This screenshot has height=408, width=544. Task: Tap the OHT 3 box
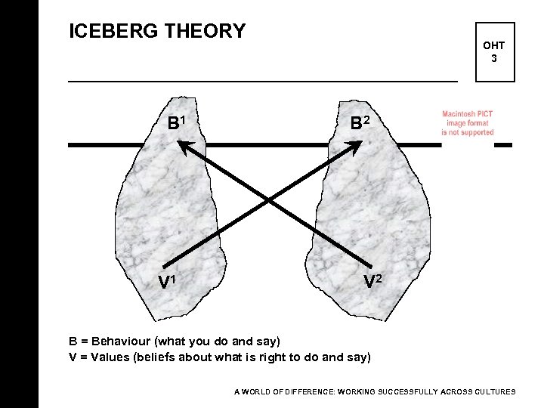coord(493,51)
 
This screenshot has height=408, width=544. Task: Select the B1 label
coord(178,122)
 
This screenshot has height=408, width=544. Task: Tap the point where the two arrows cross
coord(270,201)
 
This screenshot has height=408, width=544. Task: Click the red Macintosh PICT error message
coord(468,123)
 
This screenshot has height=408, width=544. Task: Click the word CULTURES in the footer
coord(493,392)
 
